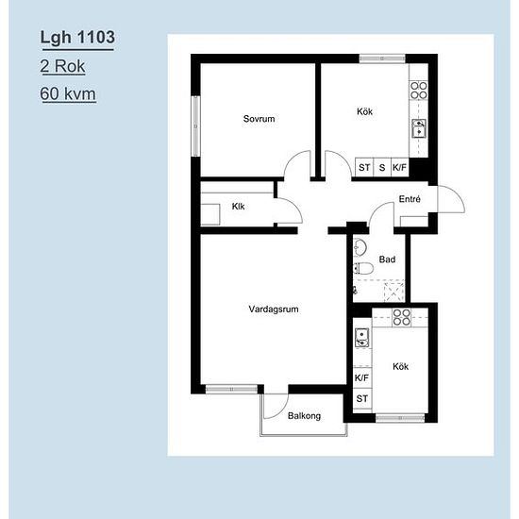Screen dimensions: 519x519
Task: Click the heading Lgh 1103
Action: tap(77, 37)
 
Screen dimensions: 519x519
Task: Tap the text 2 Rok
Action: tap(62, 66)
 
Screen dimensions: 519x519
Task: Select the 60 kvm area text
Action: tap(68, 93)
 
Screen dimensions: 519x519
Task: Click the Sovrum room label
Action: tap(259, 119)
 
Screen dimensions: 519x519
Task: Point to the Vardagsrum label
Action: tap(274, 310)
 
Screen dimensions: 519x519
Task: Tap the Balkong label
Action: tap(304, 416)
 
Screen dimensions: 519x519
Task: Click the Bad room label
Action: tap(387, 259)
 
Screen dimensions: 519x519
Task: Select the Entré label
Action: tap(410, 199)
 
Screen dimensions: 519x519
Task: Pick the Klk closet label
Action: tap(239, 207)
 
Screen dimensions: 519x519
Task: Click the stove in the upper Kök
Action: tap(419, 91)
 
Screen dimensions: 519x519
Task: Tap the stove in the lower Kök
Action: tap(401, 317)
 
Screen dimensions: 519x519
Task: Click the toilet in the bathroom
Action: tap(363, 268)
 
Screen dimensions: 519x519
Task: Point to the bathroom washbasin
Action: tap(360, 247)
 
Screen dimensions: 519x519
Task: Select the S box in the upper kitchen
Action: tap(382, 167)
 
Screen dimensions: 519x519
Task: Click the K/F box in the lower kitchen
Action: tap(361, 377)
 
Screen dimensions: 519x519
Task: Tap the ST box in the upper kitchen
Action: tap(364, 167)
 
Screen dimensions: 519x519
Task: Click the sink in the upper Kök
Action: tap(419, 128)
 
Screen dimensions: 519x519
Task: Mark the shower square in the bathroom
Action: tap(393, 292)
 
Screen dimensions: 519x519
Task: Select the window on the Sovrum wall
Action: tap(196, 126)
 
